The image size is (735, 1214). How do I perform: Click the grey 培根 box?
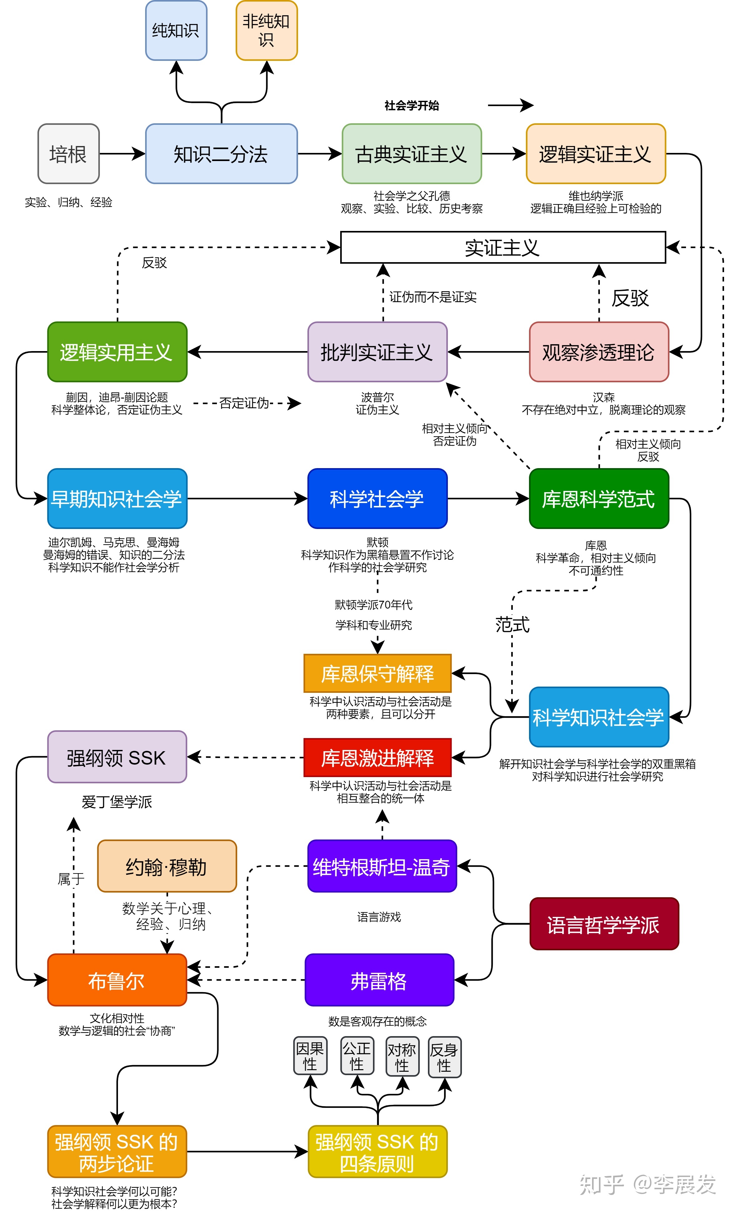[x=68, y=154]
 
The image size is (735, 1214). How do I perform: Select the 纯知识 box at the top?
[x=176, y=31]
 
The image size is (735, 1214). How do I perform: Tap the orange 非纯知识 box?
[x=267, y=31]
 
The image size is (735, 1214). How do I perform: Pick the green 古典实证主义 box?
[x=411, y=154]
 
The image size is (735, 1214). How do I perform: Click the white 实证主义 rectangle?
[x=502, y=247]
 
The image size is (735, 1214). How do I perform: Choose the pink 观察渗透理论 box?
[x=599, y=352]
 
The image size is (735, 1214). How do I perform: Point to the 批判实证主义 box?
[x=377, y=352]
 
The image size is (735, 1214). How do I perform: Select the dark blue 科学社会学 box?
[x=377, y=499]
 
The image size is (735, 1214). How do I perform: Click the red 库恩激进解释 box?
[x=377, y=758]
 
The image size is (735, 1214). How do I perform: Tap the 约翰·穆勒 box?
[x=167, y=866]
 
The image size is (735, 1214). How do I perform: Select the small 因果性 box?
[x=310, y=1056]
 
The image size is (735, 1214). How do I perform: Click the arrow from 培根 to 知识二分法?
[x=122, y=154]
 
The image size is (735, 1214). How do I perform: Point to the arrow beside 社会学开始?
[x=510, y=105]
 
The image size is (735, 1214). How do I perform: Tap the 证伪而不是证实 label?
[x=433, y=296]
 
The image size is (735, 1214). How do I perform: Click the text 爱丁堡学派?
[x=117, y=802]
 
